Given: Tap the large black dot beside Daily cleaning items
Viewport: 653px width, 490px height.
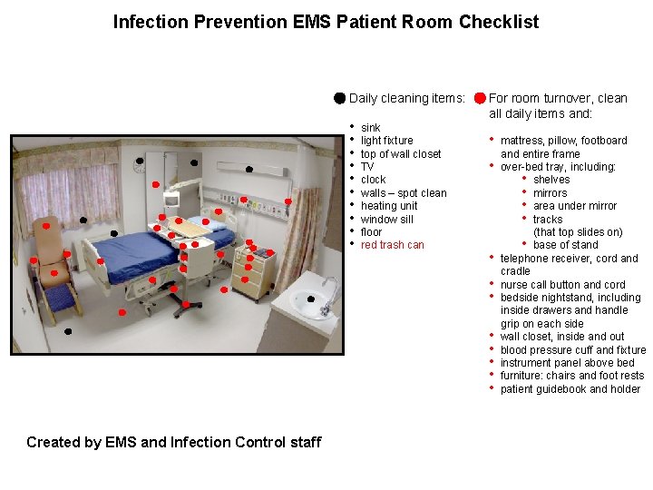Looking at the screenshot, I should [338, 98].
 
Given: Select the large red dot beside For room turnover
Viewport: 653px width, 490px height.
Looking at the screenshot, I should [479, 98].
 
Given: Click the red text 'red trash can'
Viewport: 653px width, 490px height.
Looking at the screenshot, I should [392, 245].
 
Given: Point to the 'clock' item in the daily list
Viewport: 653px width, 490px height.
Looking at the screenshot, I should [373, 180].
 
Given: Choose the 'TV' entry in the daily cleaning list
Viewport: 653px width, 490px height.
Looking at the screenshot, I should [367, 167].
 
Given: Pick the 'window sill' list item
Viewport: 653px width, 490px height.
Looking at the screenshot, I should [386, 220].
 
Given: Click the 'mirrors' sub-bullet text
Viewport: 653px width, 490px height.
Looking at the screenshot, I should [550, 193].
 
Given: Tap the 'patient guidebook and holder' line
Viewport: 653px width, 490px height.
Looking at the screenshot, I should [570, 389].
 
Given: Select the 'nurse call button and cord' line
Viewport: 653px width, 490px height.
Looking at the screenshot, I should [562, 285].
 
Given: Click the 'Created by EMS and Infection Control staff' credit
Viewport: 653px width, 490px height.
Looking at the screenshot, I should [173, 443].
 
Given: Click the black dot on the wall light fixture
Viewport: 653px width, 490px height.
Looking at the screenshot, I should [248, 169].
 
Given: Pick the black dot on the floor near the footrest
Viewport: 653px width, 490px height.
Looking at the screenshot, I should [68, 331].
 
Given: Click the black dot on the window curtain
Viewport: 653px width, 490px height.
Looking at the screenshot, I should [83, 220].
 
